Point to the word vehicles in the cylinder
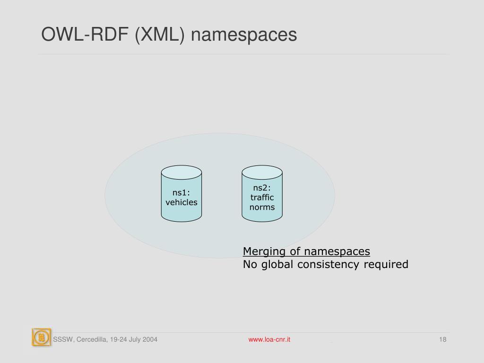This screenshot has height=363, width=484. click(181, 202)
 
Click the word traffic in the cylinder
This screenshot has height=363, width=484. click(262, 198)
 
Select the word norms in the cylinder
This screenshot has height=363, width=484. click(262, 207)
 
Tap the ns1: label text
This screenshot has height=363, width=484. click(181, 192)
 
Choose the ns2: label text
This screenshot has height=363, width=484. click(262, 188)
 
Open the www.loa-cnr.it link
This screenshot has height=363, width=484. click(269, 339)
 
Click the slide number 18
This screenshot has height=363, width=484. click(443, 339)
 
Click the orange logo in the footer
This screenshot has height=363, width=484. click(41, 337)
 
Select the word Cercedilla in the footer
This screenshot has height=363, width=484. click(90, 339)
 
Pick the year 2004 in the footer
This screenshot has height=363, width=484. click(149, 339)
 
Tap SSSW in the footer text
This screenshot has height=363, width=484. click(61, 339)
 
